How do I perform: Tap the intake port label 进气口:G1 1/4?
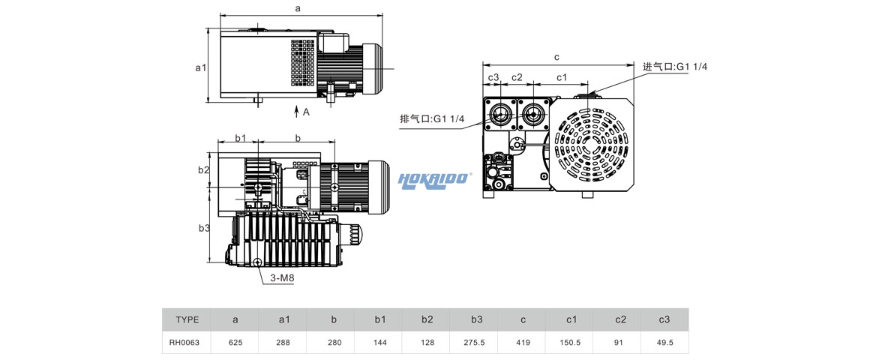(x=675, y=67)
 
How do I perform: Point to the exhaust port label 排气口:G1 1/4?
(x=432, y=118)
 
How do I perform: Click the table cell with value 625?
(x=235, y=342)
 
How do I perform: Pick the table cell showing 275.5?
(x=476, y=342)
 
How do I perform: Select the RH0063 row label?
(x=187, y=342)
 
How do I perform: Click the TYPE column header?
(x=187, y=319)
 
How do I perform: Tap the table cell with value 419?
(x=523, y=342)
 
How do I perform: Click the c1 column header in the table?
(x=571, y=319)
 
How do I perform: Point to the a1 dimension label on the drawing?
(x=200, y=67)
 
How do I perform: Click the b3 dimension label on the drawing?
(x=203, y=228)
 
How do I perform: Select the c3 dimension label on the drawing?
(x=493, y=78)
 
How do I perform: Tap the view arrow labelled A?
(x=300, y=112)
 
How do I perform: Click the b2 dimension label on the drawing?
(x=203, y=170)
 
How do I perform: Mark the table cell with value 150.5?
(x=571, y=342)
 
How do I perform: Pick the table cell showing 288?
(x=283, y=342)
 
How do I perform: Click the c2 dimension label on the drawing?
(x=516, y=78)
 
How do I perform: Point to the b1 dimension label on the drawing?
(x=241, y=138)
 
